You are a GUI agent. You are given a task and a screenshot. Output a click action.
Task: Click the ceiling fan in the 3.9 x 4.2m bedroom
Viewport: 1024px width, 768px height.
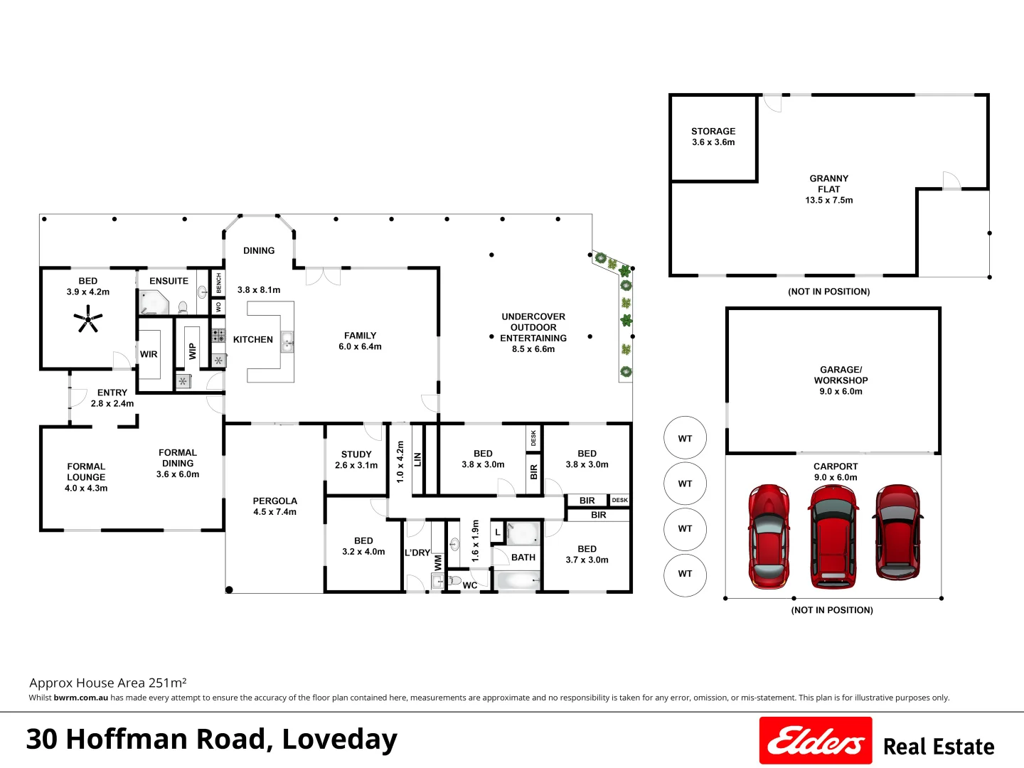point(88,319)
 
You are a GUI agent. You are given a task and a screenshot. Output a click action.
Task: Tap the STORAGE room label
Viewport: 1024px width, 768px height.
point(713,132)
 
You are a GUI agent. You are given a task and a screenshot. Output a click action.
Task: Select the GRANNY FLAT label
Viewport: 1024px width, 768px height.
point(828,183)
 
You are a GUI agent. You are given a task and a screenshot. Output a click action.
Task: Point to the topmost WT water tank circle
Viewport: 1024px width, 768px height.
point(685,439)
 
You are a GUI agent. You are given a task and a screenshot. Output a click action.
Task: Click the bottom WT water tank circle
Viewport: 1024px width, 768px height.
point(685,574)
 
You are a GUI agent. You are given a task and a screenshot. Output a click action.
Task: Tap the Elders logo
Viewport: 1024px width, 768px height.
point(815,741)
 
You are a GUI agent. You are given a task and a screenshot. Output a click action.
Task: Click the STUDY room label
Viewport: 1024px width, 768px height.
point(356,454)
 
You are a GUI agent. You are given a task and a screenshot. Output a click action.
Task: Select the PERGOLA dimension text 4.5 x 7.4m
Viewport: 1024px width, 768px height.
point(274,512)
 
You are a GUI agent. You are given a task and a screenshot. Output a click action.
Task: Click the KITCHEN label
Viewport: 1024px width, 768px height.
point(253,340)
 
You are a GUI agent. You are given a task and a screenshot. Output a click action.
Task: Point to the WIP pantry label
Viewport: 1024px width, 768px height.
point(192,351)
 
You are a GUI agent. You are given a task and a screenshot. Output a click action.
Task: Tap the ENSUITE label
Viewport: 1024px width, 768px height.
point(169,281)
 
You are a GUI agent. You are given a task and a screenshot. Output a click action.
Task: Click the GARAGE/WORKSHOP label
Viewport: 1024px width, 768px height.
point(841,375)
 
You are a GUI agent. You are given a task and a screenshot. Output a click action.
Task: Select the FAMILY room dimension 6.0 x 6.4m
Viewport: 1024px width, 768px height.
point(360,347)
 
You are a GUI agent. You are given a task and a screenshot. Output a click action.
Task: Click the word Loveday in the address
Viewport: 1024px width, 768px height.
point(339,740)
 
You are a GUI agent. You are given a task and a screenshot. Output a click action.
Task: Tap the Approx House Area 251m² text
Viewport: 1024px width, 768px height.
point(108,683)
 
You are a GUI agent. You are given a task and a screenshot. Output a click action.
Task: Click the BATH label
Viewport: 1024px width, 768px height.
point(523,558)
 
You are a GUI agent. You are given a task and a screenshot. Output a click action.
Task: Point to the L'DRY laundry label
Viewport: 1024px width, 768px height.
point(417,553)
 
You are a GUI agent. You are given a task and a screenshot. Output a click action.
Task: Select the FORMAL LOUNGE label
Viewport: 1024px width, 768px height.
point(86,472)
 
